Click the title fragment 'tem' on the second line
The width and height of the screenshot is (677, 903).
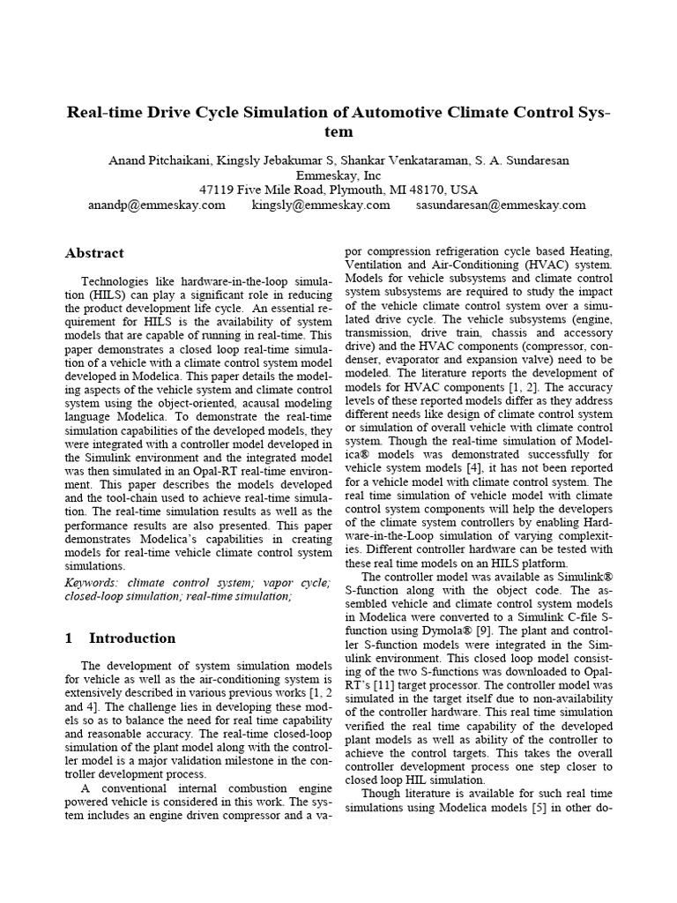point(338,132)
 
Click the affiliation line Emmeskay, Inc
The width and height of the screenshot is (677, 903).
point(338,175)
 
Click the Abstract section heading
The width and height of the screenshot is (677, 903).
point(94,253)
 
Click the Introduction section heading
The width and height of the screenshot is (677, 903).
point(132,638)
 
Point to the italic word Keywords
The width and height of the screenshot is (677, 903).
point(94,583)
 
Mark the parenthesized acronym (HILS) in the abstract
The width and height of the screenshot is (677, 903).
point(85,295)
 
